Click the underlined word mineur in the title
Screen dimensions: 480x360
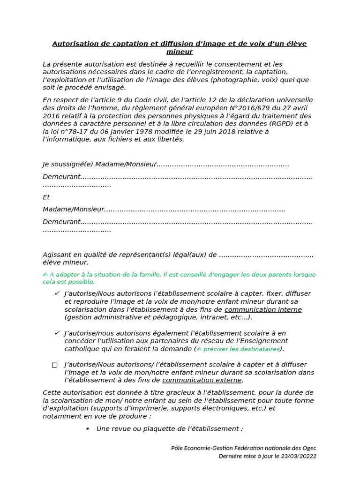click(180, 52)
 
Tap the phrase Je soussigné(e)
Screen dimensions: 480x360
click(67, 164)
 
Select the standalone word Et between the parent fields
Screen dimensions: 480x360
click(46, 197)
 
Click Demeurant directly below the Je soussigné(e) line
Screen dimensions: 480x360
click(61, 177)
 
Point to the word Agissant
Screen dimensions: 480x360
click(57, 255)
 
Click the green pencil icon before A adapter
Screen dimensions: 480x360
click(45, 275)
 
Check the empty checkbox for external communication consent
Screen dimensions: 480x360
click(55, 365)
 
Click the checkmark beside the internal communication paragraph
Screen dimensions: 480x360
click(57, 293)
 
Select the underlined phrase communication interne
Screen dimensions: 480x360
click(263, 310)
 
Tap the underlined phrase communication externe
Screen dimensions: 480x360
click(202, 380)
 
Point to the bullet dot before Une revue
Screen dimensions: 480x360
click(88, 429)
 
